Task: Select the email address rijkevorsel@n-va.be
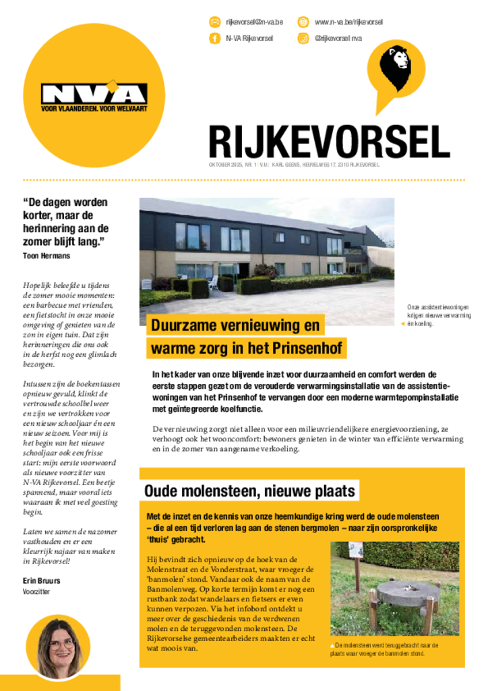tap(254, 22)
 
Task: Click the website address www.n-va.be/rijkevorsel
tap(348, 22)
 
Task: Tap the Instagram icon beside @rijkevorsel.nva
tap(303, 38)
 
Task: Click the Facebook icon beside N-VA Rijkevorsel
tap(214, 38)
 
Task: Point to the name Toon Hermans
tap(47, 256)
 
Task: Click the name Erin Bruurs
tap(42, 580)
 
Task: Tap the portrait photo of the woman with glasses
tap(59, 647)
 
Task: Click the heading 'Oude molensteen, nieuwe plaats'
tap(249, 491)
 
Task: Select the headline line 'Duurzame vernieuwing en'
tap(235, 326)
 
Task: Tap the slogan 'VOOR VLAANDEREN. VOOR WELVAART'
tap(94, 108)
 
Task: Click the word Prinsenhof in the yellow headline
tap(309, 349)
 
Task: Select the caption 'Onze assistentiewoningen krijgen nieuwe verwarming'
tap(439, 311)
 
